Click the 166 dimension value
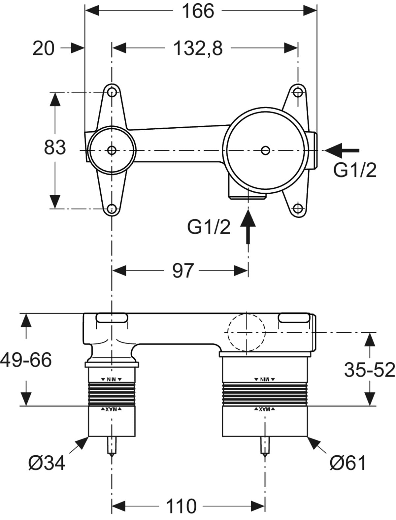point(198,11)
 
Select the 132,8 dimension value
point(198,49)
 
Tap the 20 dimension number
point(43,49)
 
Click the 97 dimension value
point(182,271)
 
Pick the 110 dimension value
point(181,506)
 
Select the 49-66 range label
point(26,360)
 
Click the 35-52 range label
point(370,370)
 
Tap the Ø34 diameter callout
point(47,463)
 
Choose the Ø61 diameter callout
point(348,463)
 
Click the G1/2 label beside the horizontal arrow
point(355,170)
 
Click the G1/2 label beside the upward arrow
point(209,227)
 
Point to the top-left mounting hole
point(112,92)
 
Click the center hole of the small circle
point(112,150)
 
